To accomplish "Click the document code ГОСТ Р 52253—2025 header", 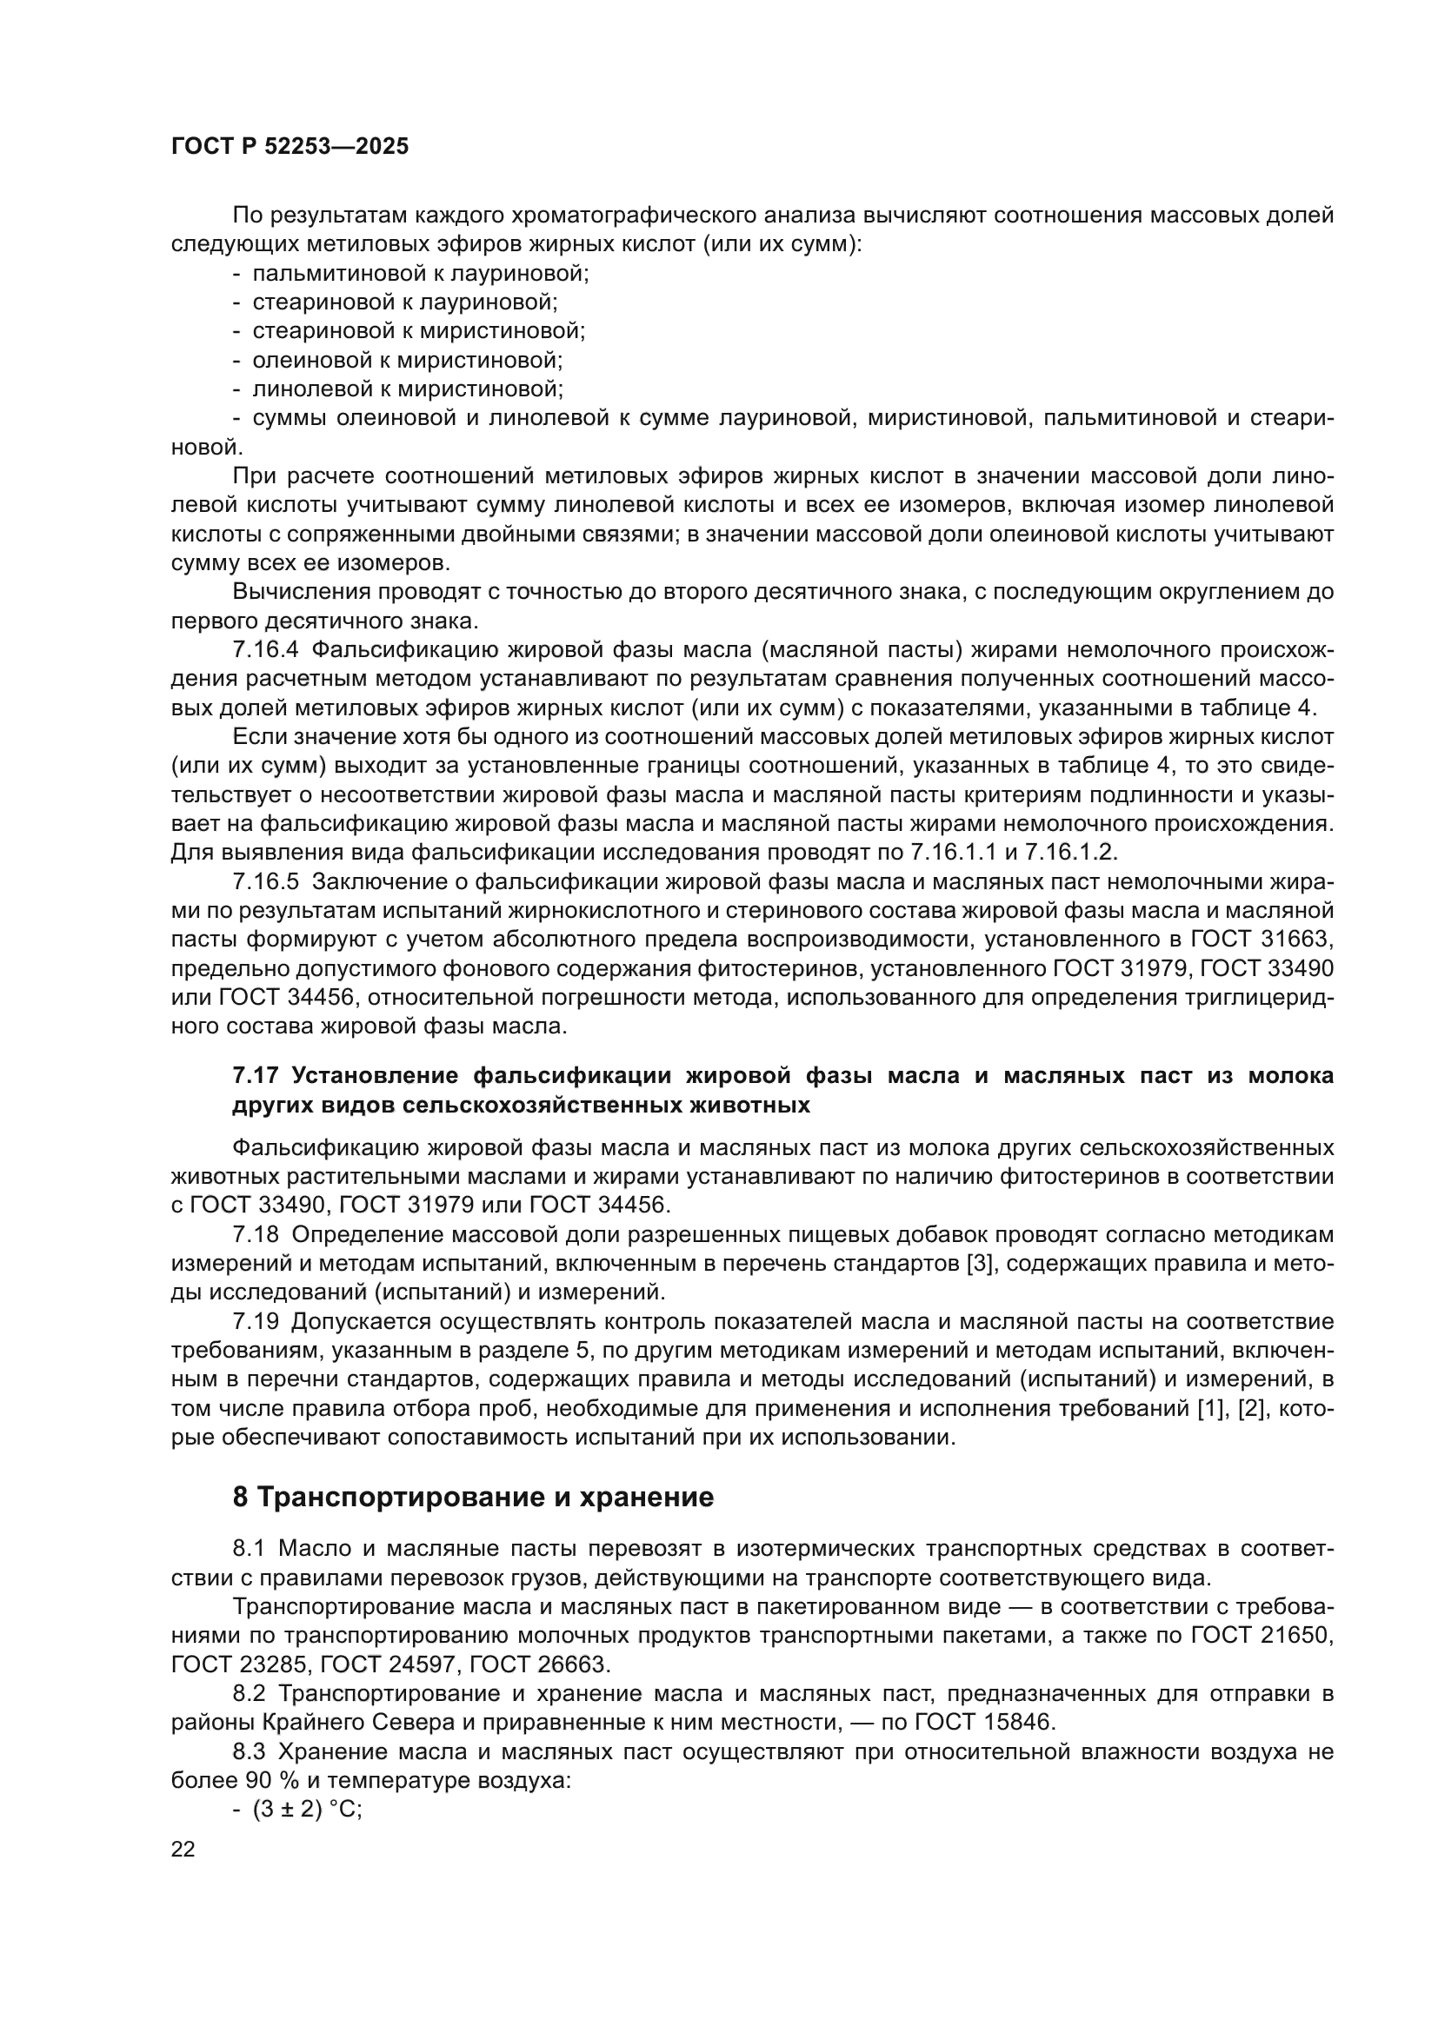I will tap(290, 147).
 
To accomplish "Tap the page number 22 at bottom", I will tap(183, 1849).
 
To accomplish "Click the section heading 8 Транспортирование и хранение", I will tap(473, 1498).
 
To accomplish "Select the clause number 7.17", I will tap(256, 1076).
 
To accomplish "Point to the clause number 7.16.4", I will tap(267, 650).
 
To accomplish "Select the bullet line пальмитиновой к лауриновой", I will tap(421, 273).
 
